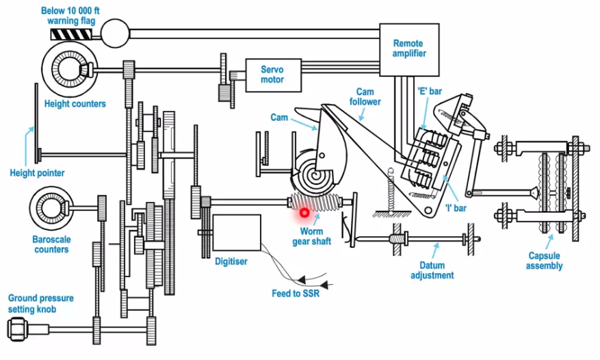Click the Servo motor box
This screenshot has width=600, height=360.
(x=273, y=75)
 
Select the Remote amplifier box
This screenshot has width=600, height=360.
(x=409, y=50)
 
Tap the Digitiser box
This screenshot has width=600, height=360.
(x=237, y=233)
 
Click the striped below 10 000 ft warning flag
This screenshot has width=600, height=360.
(x=70, y=34)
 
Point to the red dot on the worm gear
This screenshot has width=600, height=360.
(x=304, y=213)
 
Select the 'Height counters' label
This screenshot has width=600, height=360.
(x=75, y=104)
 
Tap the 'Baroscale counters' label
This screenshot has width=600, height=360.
(x=51, y=244)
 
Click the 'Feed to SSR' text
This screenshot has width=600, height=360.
(x=296, y=294)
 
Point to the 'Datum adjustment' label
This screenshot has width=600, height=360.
(x=432, y=270)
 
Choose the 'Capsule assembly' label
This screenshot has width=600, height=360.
(x=544, y=261)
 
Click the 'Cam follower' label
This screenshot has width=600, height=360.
(x=365, y=97)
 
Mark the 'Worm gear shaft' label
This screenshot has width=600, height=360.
(x=311, y=236)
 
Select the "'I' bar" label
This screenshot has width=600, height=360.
(x=456, y=208)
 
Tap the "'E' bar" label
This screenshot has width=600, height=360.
(x=430, y=91)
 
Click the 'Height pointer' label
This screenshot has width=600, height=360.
(x=37, y=173)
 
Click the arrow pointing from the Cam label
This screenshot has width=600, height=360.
(x=304, y=124)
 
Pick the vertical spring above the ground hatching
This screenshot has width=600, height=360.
(x=391, y=191)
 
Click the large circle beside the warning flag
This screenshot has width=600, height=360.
(x=115, y=34)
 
